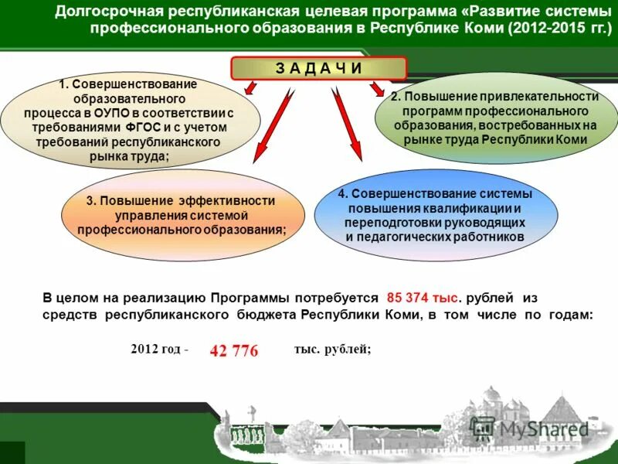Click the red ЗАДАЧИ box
(x=319, y=68)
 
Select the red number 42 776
(x=233, y=351)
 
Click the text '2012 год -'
(x=160, y=349)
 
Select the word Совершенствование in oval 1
(x=135, y=84)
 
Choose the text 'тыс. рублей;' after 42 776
(x=332, y=349)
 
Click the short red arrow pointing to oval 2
(x=376, y=90)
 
